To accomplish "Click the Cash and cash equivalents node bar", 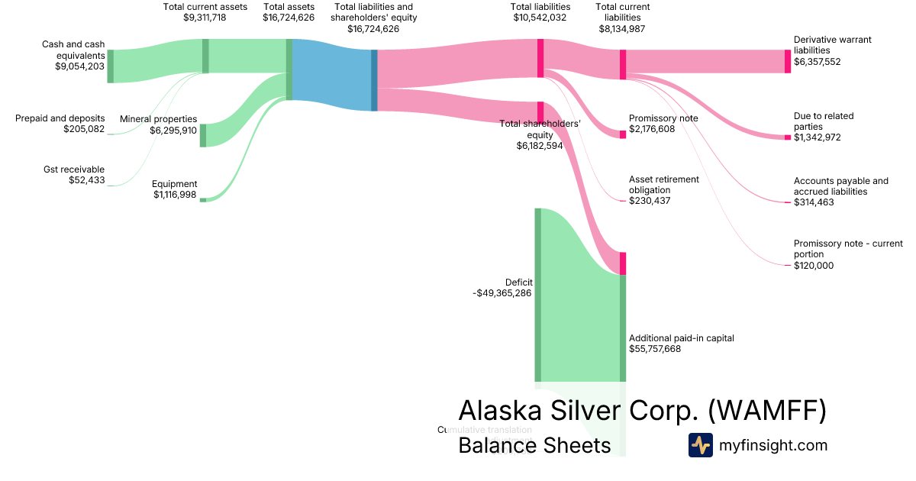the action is (x=110, y=66).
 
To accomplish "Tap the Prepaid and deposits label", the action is (x=61, y=118).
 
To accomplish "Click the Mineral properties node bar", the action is (x=203, y=135).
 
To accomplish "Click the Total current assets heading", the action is (x=205, y=7).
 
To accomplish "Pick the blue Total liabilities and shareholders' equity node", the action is (x=374, y=80).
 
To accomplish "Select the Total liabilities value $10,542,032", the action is (x=540, y=18).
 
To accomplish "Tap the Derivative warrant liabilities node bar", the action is (x=788, y=61).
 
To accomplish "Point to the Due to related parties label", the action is (x=824, y=121).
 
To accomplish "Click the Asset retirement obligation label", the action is (x=663, y=184).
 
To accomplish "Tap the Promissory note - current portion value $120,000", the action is (x=814, y=266).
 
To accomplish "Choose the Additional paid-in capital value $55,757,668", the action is (x=655, y=349).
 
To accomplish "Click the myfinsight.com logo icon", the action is (x=700, y=445).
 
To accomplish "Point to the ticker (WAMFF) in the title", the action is (x=767, y=411).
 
